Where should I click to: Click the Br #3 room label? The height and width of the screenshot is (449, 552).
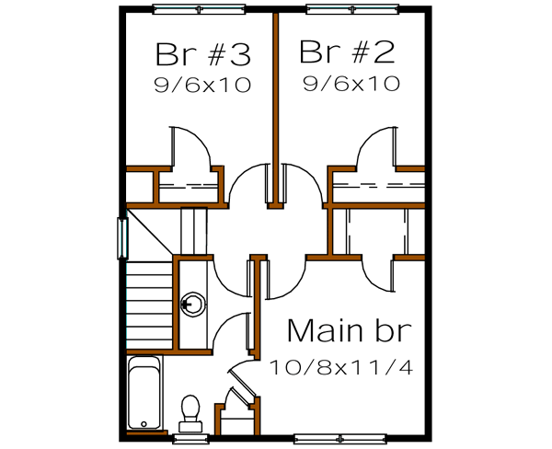(x=202, y=54)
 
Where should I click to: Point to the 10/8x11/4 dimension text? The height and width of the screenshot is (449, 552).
(x=341, y=367)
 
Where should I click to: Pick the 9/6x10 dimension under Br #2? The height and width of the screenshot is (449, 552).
(x=351, y=85)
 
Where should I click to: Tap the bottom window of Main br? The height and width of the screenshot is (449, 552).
(x=340, y=434)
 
